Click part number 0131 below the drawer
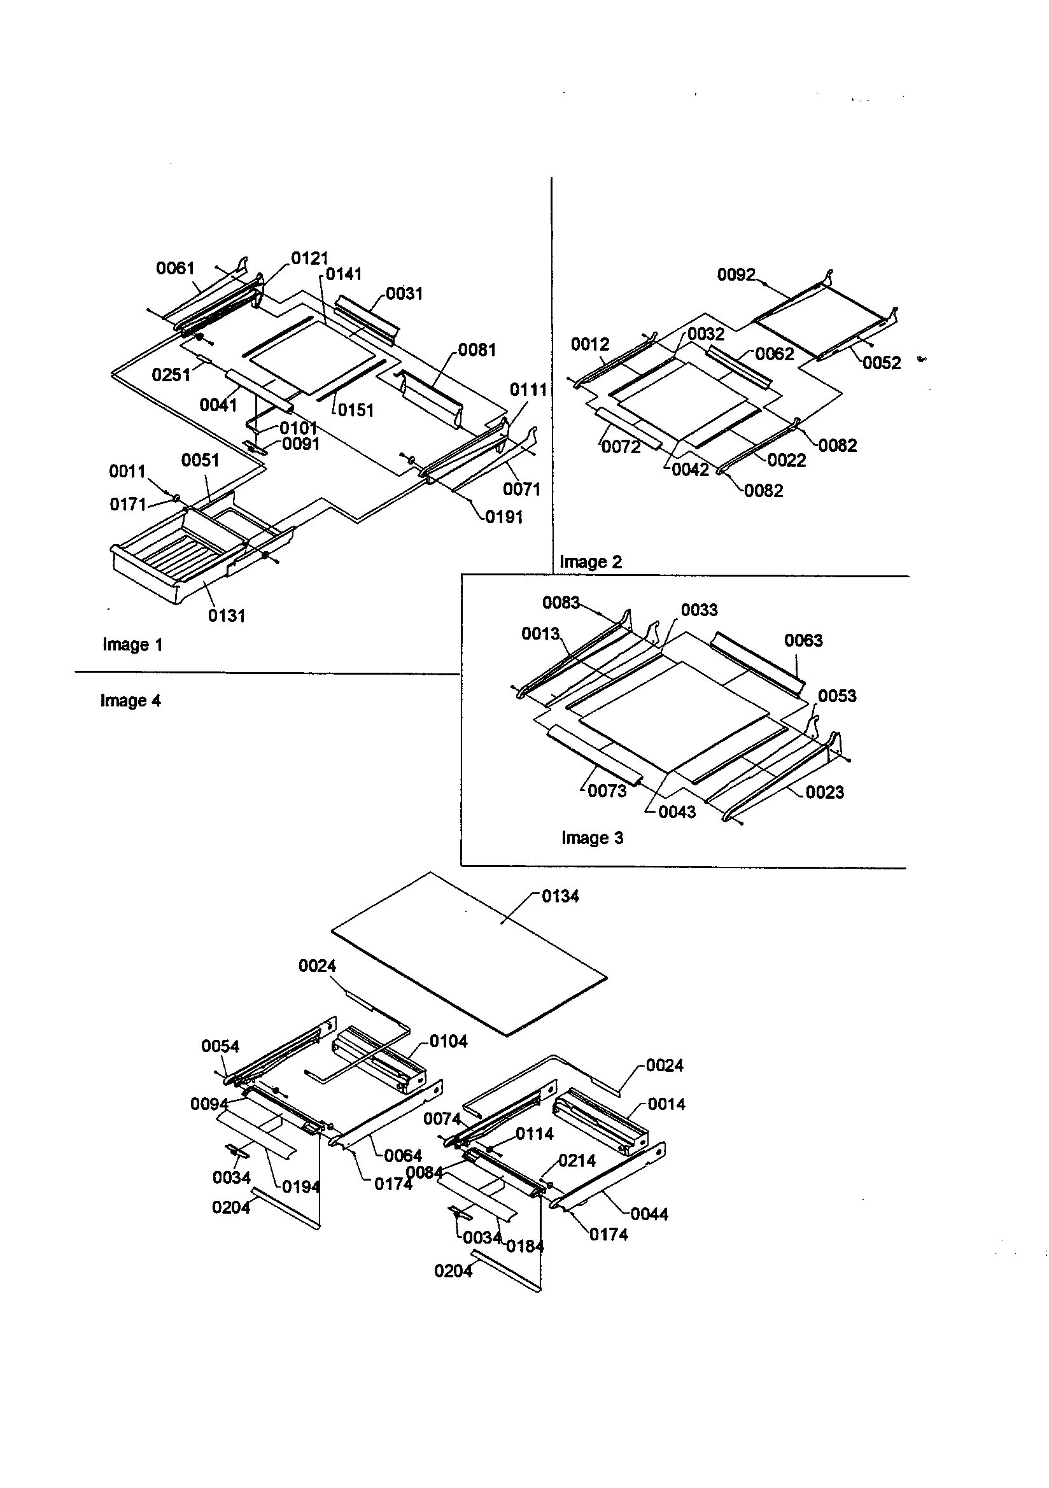(x=226, y=615)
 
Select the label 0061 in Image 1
(x=175, y=269)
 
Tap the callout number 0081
(x=477, y=350)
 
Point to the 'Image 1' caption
(x=132, y=645)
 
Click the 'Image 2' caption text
(x=590, y=562)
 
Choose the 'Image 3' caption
(x=592, y=838)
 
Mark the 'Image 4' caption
(x=130, y=701)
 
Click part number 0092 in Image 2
(x=736, y=275)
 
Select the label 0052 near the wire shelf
(x=881, y=363)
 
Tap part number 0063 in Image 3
(x=803, y=640)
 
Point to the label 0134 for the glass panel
(x=560, y=896)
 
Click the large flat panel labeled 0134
(x=467, y=953)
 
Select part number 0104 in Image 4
(x=448, y=1041)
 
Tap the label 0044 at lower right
(x=649, y=1214)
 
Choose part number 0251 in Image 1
(x=171, y=375)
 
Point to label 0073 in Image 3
(x=607, y=790)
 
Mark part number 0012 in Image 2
(x=589, y=344)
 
